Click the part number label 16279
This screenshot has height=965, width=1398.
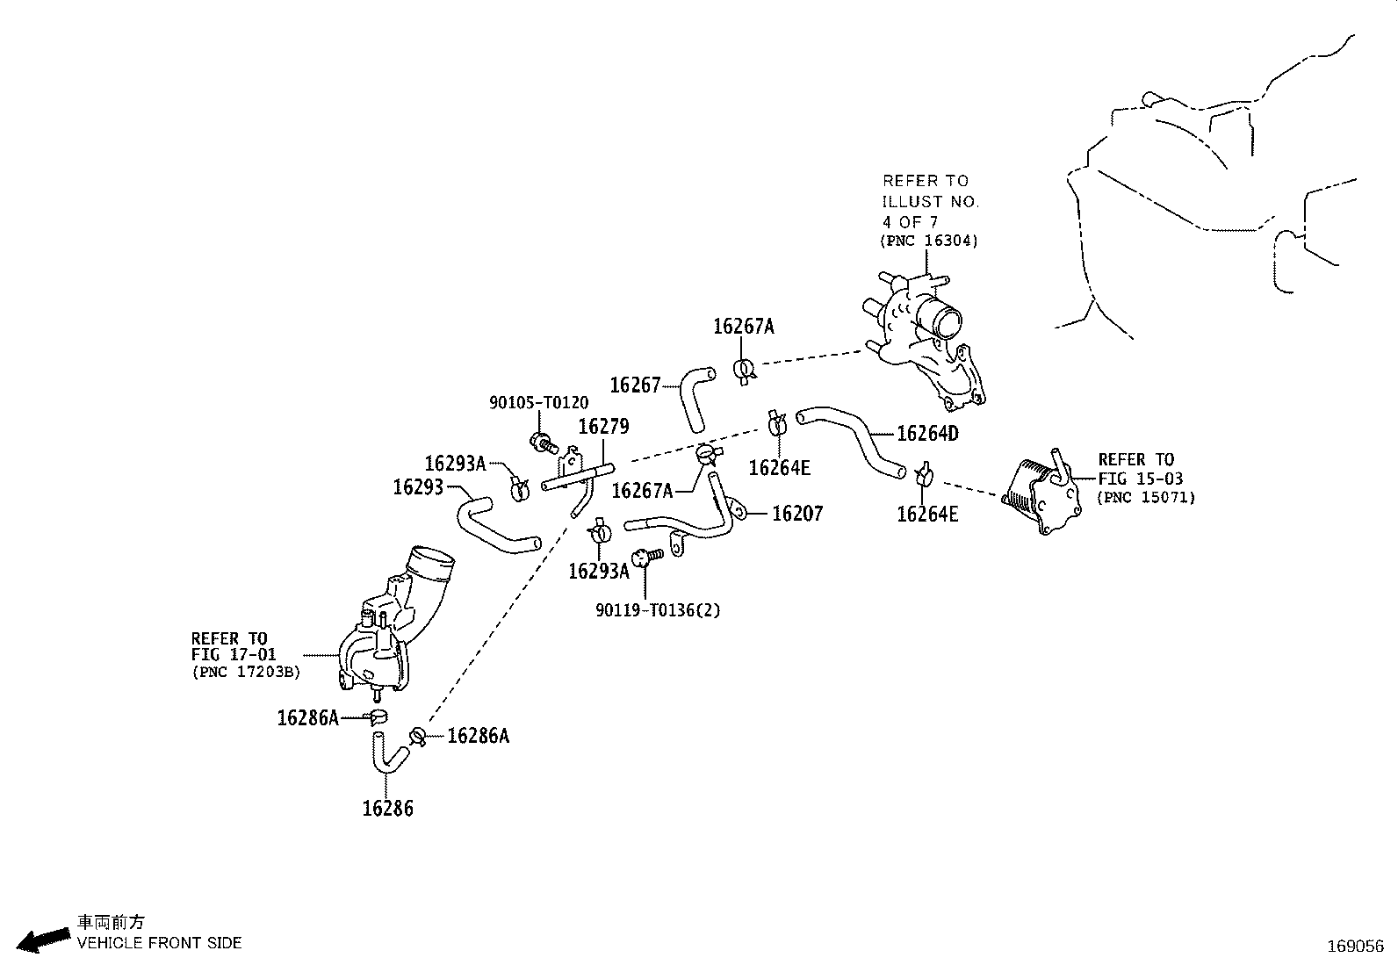pyautogui.click(x=603, y=427)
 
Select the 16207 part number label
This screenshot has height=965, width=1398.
pyautogui.click(x=797, y=514)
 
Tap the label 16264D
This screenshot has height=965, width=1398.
pyautogui.click(x=927, y=434)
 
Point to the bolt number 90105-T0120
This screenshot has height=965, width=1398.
pyautogui.click(x=538, y=403)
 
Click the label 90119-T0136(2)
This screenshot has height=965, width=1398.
pyautogui.click(x=658, y=610)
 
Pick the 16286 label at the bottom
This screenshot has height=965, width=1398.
pyautogui.click(x=387, y=809)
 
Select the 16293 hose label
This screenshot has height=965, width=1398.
pyautogui.click(x=418, y=486)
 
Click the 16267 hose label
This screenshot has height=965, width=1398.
pyautogui.click(x=635, y=385)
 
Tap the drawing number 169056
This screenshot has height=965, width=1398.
pyautogui.click(x=1356, y=947)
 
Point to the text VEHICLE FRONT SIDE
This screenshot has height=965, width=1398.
pyautogui.click(x=159, y=942)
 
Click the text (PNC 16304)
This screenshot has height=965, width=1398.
pyautogui.click(x=929, y=241)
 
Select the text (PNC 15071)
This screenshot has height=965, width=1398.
pyautogui.click(x=1146, y=498)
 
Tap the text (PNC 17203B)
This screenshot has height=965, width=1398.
pyautogui.click(x=246, y=672)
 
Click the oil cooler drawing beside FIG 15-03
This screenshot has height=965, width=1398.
pyautogui.click(x=1041, y=493)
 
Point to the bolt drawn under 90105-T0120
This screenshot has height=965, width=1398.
pyautogui.click(x=544, y=443)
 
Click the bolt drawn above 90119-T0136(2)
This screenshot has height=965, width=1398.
pyautogui.click(x=646, y=556)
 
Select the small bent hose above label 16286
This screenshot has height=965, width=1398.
pyautogui.click(x=387, y=754)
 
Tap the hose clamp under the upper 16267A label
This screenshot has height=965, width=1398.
pyautogui.click(x=745, y=371)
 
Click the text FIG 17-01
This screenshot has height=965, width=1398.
pyautogui.click(x=234, y=655)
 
